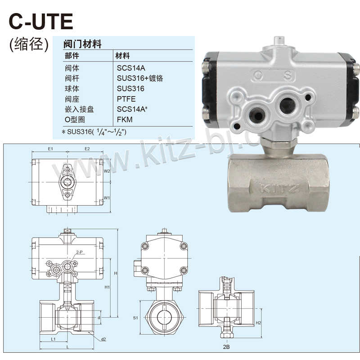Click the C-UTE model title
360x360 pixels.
(x=41, y=22)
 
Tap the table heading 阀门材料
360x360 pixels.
(x=82, y=44)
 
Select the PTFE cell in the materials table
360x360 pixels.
(x=126, y=99)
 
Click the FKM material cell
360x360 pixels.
(x=125, y=120)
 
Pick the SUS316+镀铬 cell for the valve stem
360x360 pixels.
(x=140, y=78)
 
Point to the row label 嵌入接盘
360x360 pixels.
(x=79, y=109)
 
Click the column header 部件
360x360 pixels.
(x=72, y=56)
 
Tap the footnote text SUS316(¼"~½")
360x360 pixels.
(x=97, y=132)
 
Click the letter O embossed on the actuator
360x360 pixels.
(x=258, y=76)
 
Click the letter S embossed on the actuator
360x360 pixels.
(x=288, y=76)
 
